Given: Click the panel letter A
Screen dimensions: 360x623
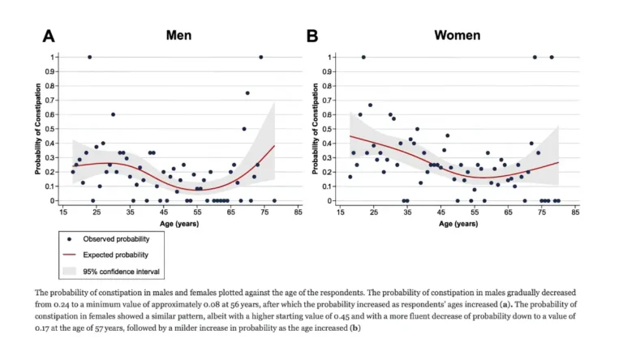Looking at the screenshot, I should pos(49,36).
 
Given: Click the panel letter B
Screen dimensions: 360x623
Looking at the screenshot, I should pos(312,36).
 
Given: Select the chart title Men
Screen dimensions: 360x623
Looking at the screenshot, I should pos(178,35).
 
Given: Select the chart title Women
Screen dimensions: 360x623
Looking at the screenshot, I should pos(457,35).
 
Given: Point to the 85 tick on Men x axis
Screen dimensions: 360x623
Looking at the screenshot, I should pos(299,212).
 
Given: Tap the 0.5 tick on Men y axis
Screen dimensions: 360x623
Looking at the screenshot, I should pos(55,129).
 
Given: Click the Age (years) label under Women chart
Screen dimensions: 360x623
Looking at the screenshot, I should pos(458,223).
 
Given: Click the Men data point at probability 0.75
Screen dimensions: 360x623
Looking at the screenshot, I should pos(247,93).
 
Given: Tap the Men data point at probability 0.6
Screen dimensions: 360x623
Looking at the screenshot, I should pos(113,114).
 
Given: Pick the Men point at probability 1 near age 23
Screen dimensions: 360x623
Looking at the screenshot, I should pos(89,57).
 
